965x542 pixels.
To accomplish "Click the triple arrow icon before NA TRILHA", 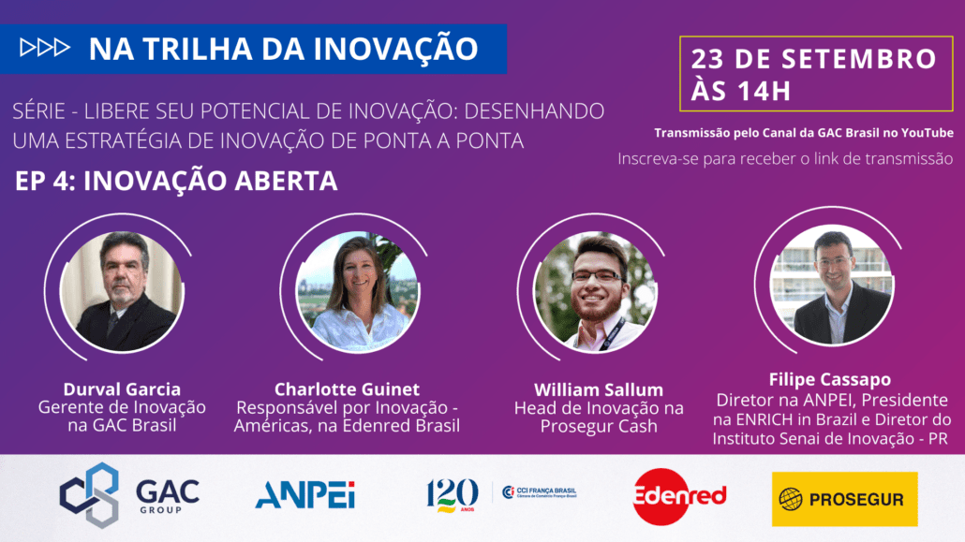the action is (44, 48).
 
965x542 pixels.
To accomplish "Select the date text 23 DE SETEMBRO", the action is (813, 59).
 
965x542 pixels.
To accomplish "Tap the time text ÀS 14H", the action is (740, 90).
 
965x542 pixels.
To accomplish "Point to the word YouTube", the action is (928, 133).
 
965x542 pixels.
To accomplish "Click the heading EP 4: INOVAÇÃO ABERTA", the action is (177, 181).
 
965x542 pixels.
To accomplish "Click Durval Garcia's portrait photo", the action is (122, 291).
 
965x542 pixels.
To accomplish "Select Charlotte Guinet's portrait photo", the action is (358, 291).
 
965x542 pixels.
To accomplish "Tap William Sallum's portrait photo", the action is (595, 291).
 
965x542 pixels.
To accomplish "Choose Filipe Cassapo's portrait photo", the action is (831, 285).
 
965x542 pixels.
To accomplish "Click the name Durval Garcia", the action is (122, 388).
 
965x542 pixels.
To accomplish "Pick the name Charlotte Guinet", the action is (347, 388).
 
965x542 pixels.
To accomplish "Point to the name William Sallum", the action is (599, 389).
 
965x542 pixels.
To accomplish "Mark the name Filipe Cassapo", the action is (829, 379).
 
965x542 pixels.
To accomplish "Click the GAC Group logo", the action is (129, 495).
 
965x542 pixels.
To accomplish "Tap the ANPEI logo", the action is (305, 494).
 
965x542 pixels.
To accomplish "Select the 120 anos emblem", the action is (452, 495).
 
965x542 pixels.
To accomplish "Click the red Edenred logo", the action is (679, 496).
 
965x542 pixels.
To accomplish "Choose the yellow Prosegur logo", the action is (844, 499).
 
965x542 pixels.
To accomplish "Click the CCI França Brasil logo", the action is (540, 492).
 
